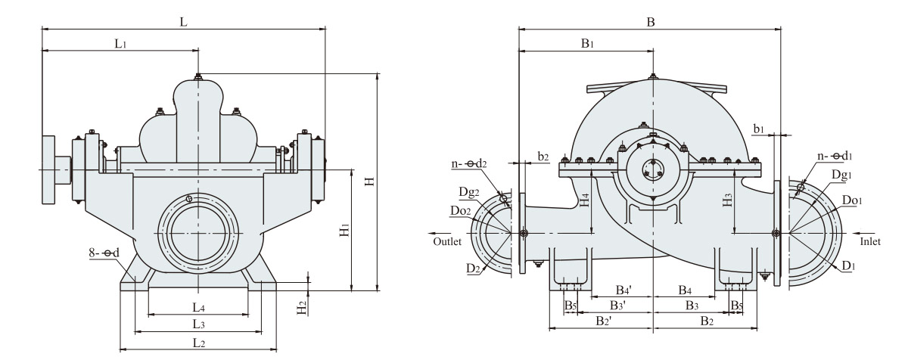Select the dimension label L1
click(120, 44)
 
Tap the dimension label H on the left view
click(368, 182)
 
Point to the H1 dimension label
click(344, 231)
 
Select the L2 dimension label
click(198, 342)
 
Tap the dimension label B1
click(587, 44)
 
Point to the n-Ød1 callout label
click(832, 156)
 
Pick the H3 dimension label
click(728, 201)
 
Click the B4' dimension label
click(623, 290)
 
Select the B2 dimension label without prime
click(706, 321)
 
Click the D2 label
click(473, 268)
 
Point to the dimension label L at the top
click(184, 23)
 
